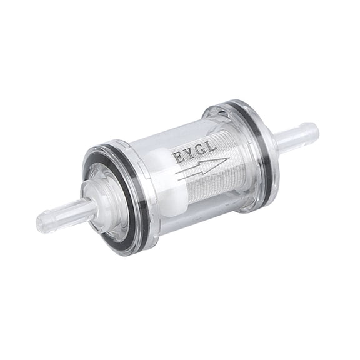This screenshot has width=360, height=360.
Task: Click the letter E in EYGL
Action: (x=179, y=157)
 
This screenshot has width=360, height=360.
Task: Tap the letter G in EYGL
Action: (x=201, y=151)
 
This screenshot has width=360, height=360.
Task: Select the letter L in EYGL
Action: (x=212, y=147)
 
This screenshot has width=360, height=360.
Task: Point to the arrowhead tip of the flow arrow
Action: (x=227, y=161)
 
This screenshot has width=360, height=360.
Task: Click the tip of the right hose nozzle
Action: (x=314, y=132)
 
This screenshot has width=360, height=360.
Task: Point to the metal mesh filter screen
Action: (x=212, y=178)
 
